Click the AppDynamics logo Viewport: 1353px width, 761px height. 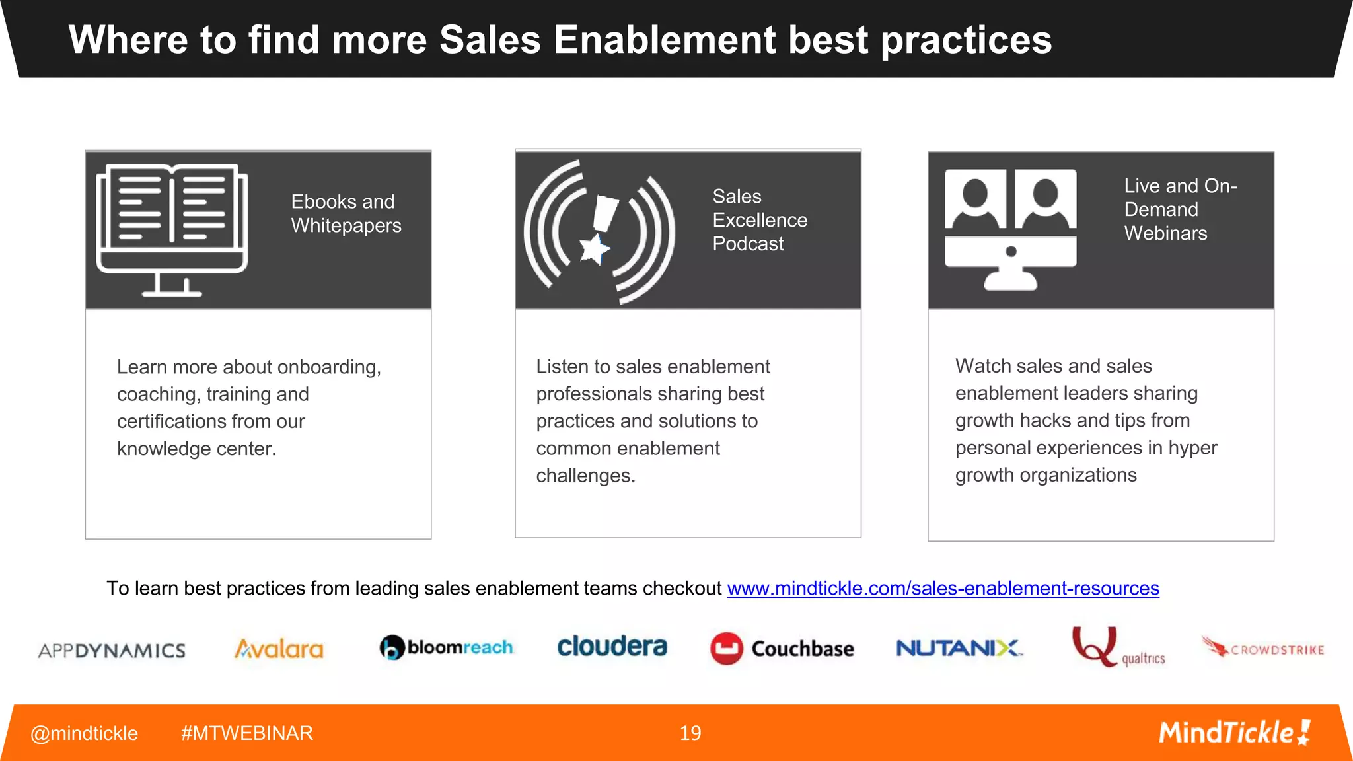pos(112,651)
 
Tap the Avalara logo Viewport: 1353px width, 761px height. pos(279,649)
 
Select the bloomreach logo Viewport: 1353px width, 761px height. pos(447,647)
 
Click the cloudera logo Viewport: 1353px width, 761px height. pos(612,647)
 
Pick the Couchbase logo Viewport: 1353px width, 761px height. pos(782,649)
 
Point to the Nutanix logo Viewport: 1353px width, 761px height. pos(959,648)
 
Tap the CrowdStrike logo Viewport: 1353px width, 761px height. pos(1262,648)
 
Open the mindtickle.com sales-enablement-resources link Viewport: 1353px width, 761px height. pos(943,588)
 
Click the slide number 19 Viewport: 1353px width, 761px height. pos(690,733)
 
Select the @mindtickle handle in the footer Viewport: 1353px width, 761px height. pos(84,733)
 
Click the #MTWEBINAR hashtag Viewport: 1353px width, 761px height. pos(246,733)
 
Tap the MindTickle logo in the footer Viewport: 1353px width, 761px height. pos(1234,733)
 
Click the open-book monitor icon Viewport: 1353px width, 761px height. pos(172,229)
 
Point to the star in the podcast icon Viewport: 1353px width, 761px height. pos(593,250)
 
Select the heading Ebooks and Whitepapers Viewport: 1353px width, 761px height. pos(346,213)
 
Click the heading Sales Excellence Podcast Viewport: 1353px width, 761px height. pos(759,220)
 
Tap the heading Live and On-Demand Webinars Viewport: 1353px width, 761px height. pos(1179,209)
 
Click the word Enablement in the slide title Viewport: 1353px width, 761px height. pos(664,40)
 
